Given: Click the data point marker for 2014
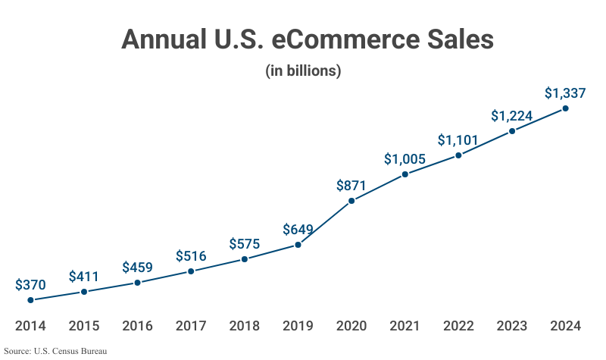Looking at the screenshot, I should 30,300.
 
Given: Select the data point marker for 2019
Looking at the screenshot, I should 298,245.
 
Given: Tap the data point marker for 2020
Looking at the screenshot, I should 351,201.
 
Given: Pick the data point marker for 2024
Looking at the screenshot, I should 565,108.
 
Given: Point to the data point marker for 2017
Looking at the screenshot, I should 191,271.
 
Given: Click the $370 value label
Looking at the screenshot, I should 30,285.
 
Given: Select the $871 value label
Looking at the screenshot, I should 351,185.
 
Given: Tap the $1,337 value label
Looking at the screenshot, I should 565,93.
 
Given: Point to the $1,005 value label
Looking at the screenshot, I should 405,159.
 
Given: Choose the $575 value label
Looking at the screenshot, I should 244,244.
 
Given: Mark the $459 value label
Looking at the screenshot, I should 137,268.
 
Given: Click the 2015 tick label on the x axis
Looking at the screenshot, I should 84,327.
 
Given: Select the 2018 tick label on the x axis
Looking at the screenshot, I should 244,327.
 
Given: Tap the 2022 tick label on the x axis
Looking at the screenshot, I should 458,327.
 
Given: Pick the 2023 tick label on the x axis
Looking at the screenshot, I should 512,327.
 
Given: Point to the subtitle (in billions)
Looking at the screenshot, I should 303,71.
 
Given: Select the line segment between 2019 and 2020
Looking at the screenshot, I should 325,223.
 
